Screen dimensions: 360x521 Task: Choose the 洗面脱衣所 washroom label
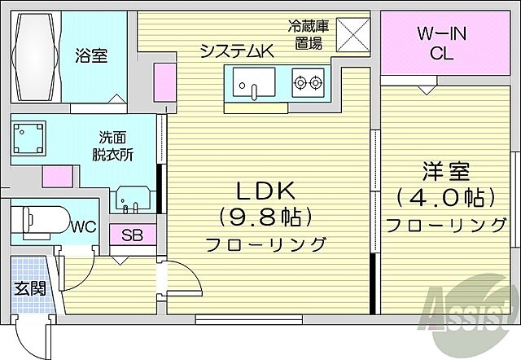[115, 144]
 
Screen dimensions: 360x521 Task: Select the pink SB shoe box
[132, 235]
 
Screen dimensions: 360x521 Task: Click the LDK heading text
[265, 192]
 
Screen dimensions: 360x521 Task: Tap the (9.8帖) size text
[265, 217]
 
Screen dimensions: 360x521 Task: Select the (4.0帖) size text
[443, 198]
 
